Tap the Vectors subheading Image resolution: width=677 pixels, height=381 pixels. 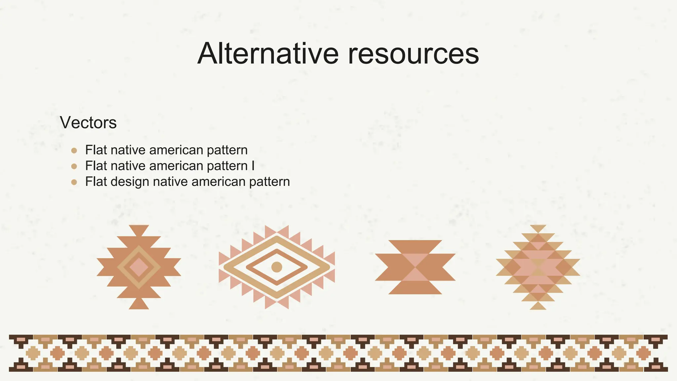tap(88, 123)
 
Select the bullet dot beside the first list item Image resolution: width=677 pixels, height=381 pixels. tap(74, 150)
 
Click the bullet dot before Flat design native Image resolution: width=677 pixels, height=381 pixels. tap(74, 182)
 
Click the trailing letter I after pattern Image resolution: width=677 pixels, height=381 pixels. tap(253, 166)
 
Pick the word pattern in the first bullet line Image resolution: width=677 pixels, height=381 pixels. tap(227, 150)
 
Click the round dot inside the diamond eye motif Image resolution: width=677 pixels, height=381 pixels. tap(276, 267)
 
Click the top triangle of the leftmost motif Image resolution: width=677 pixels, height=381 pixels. tap(139, 230)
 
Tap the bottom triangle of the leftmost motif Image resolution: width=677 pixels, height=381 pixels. tap(139, 305)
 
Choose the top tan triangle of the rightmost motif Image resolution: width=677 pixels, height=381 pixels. tap(538, 228)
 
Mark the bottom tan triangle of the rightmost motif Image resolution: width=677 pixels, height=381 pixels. tap(538, 306)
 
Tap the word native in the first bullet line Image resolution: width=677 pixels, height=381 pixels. tap(128, 150)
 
